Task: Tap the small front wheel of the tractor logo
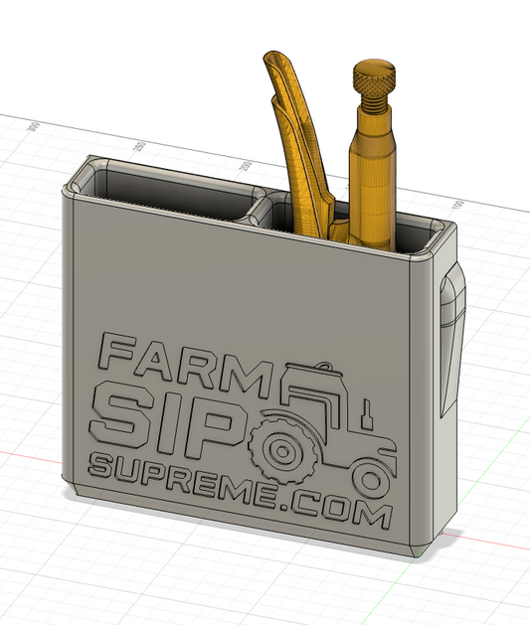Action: pos(370,481)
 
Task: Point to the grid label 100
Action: pos(458,206)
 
